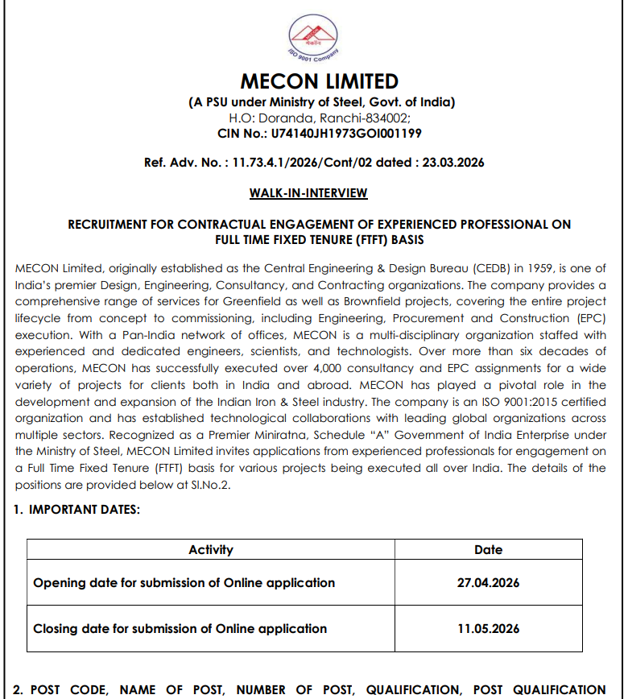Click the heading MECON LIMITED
click(320, 81)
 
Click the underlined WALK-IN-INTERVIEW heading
click(308, 193)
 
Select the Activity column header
click(211, 550)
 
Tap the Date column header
click(489, 550)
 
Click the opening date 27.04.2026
click(488, 582)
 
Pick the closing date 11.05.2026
click(488, 628)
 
